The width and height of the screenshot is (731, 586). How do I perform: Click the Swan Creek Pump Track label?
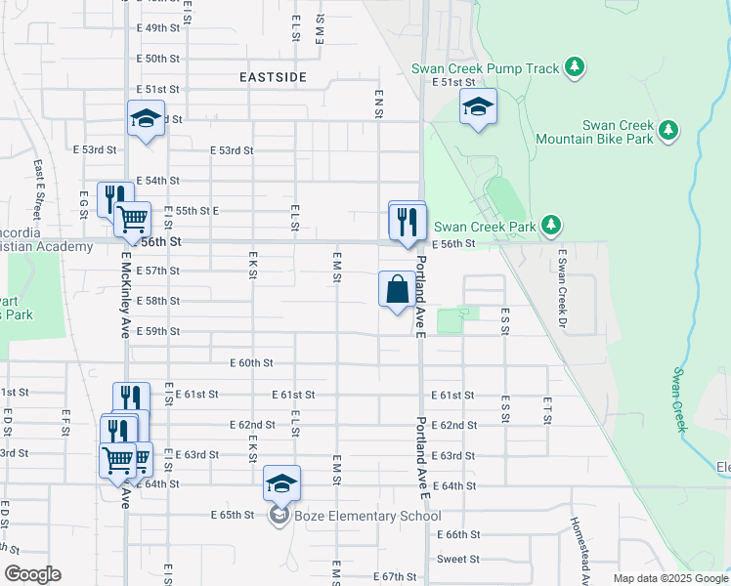tap(486, 68)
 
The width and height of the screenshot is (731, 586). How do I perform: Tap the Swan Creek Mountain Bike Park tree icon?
tap(668, 130)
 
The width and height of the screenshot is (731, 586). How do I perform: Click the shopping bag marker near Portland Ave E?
tap(397, 290)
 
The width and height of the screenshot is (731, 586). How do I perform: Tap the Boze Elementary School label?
tap(366, 516)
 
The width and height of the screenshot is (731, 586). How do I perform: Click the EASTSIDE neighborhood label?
tap(274, 76)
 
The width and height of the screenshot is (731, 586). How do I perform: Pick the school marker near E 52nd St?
tap(146, 119)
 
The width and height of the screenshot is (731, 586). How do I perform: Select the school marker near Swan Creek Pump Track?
tap(478, 107)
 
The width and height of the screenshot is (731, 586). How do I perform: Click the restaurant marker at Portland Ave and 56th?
tap(408, 221)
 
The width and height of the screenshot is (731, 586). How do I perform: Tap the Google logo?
tap(32, 574)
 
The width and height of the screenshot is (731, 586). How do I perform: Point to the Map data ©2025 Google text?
tap(669, 578)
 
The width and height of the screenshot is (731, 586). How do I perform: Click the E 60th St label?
tap(251, 362)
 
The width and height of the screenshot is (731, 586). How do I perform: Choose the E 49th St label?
tap(158, 28)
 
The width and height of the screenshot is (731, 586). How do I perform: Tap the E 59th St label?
tap(157, 332)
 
